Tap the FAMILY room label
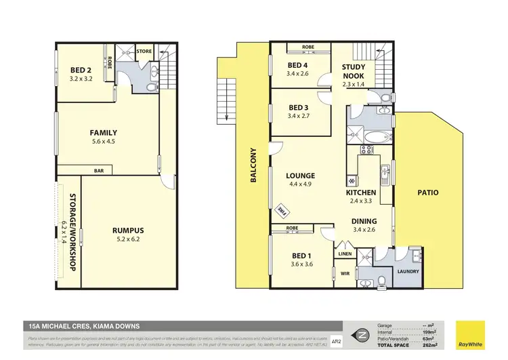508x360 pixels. point(104,133)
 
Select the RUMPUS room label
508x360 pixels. point(128,231)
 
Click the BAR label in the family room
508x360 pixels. point(98,171)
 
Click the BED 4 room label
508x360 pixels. point(298,65)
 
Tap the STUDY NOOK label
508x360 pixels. point(354,72)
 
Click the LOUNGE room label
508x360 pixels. point(301,176)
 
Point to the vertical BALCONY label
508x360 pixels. point(253,165)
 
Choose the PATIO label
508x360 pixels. point(427,193)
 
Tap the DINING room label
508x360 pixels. point(364,221)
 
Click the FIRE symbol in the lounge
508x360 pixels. point(280,212)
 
